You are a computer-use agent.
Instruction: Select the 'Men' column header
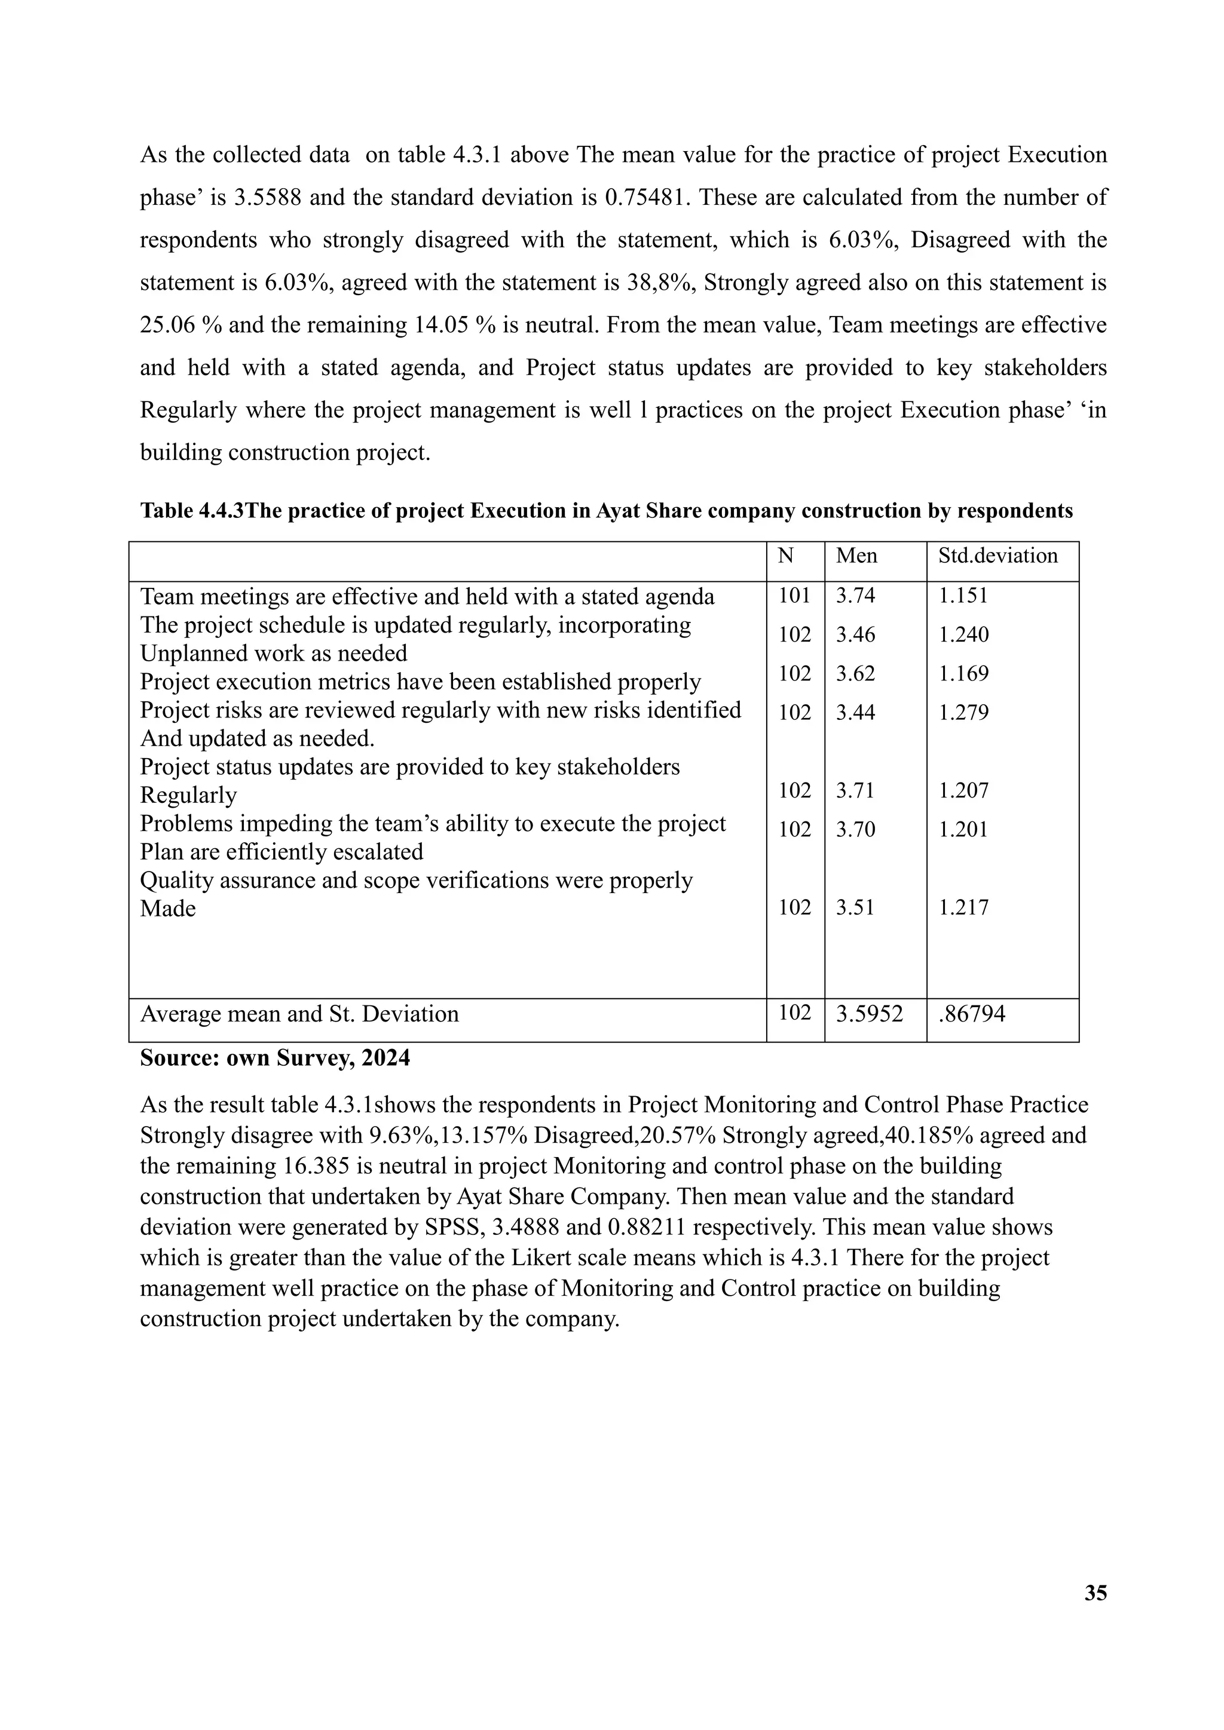[856, 556]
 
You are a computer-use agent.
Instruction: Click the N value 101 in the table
[794, 596]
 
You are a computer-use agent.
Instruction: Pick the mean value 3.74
[855, 596]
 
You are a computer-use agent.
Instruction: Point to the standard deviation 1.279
[963, 712]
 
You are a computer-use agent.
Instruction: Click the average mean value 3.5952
[869, 1014]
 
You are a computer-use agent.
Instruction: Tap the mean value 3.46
[855, 634]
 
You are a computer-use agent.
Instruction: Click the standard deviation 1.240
[963, 634]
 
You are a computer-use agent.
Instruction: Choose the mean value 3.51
[855, 907]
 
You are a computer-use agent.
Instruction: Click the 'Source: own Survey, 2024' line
[275, 1058]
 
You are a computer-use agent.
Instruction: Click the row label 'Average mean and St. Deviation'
[299, 1014]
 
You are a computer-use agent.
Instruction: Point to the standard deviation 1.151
[963, 596]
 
